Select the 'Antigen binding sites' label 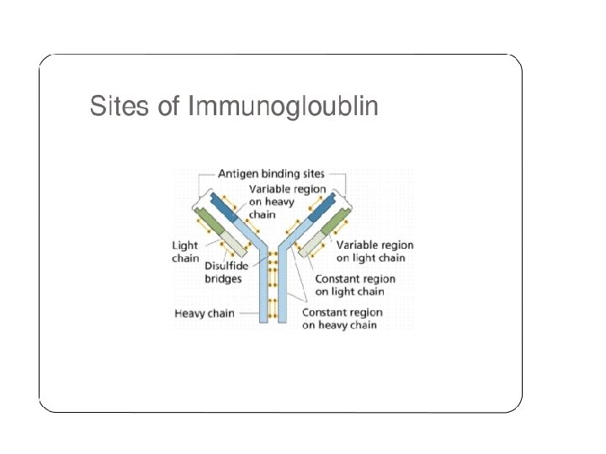coord(272,174)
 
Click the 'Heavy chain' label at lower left coord(205,314)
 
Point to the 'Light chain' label coord(186,252)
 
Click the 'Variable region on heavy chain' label coord(285,200)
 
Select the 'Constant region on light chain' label coord(354,285)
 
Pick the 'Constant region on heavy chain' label coord(343,319)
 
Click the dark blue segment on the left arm coord(223,207)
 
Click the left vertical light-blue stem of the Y coord(263,290)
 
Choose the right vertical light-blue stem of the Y coord(284,290)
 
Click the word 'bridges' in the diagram coord(223,278)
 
